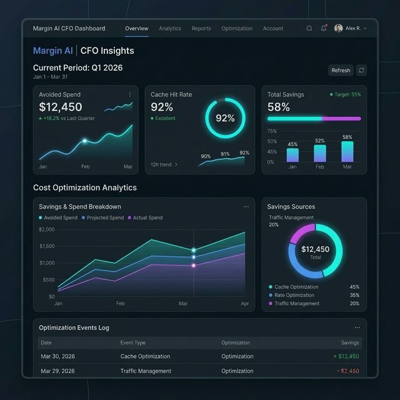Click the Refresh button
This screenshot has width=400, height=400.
pyautogui.click(x=341, y=71)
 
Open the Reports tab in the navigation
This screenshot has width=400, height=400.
pyautogui.click(x=201, y=29)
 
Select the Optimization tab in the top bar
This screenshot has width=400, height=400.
pyautogui.click(x=237, y=29)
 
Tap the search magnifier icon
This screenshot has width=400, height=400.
pyautogui.click(x=309, y=29)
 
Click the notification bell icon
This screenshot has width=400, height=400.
pyautogui.click(x=324, y=29)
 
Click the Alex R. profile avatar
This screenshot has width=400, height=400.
pyautogui.click(x=339, y=29)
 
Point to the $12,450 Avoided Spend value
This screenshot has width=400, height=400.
pyautogui.click(x=61, y=107)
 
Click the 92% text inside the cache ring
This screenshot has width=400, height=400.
pyautogui.click(x=225, y=118)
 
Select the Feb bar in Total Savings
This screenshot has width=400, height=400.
pyautogui.click(x=319, y=154)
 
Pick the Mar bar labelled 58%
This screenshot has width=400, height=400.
pyautogui.click(x=347, y=152)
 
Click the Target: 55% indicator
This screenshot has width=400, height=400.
pyautogui.click(x=345, y=94)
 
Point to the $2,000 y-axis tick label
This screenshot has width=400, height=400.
pyautogui.click(x=47, y=229)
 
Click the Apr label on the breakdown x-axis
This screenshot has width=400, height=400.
pyautogui.click(x=245, y=303)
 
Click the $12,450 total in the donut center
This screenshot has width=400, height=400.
pyautogui.click(x=315, y=249)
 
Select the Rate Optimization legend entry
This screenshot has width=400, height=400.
pyautogui.click(x=294, y=295)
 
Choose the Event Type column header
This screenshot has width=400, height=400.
pyautogui.click(x=132, y=342)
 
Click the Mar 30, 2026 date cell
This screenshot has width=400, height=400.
pyautogui.click(x=57, y=356)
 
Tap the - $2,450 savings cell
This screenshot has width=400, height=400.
pyautogui.click(x=348, y=371)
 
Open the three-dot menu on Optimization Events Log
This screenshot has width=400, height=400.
pyautogui.click(x=357, y=327)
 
